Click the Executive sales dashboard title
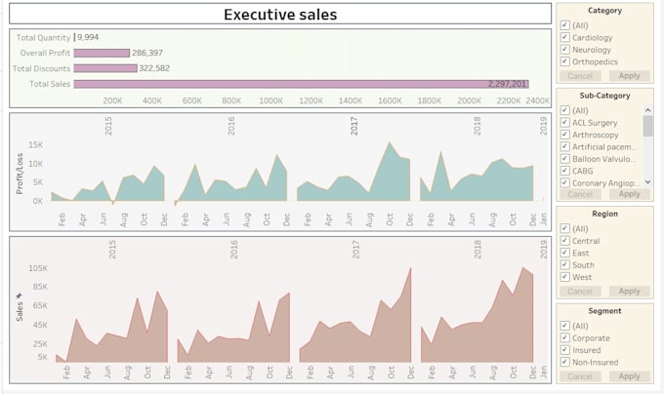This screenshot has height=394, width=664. [x=280, y=15]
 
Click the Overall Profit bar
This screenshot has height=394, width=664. [x=102, y=53]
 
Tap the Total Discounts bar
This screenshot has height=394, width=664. [x=105, y=68]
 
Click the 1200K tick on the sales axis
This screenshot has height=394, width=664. [x=311, y=100]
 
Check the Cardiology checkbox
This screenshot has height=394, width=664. [x=564, y=37]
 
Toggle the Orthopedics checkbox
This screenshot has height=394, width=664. [x=564, y=61]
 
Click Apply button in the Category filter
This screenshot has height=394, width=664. [x=629, y=75]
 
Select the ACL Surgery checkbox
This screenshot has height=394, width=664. [x=564, y=123]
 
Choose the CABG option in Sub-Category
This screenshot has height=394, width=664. [x=564, y=170]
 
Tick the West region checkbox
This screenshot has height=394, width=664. [x=564, y=277]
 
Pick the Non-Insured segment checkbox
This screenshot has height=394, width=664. [x=564, y=362]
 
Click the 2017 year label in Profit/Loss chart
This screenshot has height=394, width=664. [x=354, y=126]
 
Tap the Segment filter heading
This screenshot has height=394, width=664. [x=603, y=311]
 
